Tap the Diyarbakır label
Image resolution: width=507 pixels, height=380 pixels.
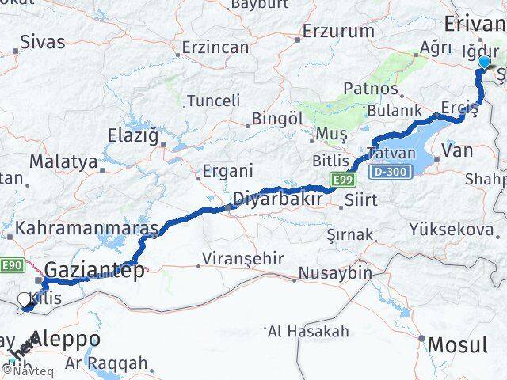click(x=276, y=199)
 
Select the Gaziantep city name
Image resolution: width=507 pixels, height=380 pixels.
click(x=95, y=270)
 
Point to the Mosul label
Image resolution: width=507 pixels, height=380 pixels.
click(x=459, y=345)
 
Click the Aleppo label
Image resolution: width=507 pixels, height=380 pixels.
click(x=66, y=339)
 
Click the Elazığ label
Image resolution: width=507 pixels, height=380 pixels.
click(x=135, y=135)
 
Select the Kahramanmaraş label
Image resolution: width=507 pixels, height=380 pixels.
click(x=86, y=227)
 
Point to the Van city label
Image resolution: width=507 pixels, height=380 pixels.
click(x=457, y=150)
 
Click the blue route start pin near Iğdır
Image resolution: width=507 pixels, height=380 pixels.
click(x=485, y=63)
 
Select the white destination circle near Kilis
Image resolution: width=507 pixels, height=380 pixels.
click(x=25, y=299)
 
